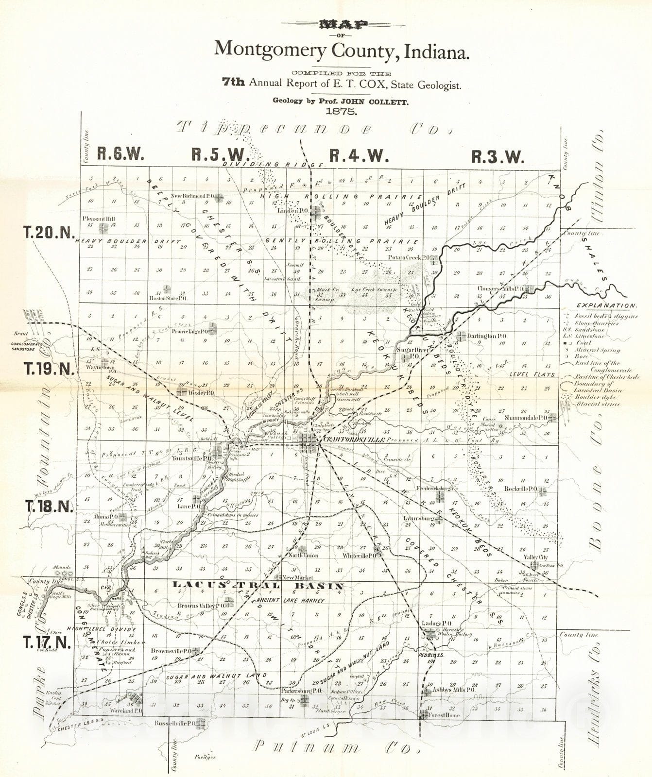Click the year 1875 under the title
point(342,111)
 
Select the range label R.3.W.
point(498,156)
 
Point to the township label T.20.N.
point(49,233)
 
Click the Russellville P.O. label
point(174,723)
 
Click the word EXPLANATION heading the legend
point(606,306)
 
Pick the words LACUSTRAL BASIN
point(258,586)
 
